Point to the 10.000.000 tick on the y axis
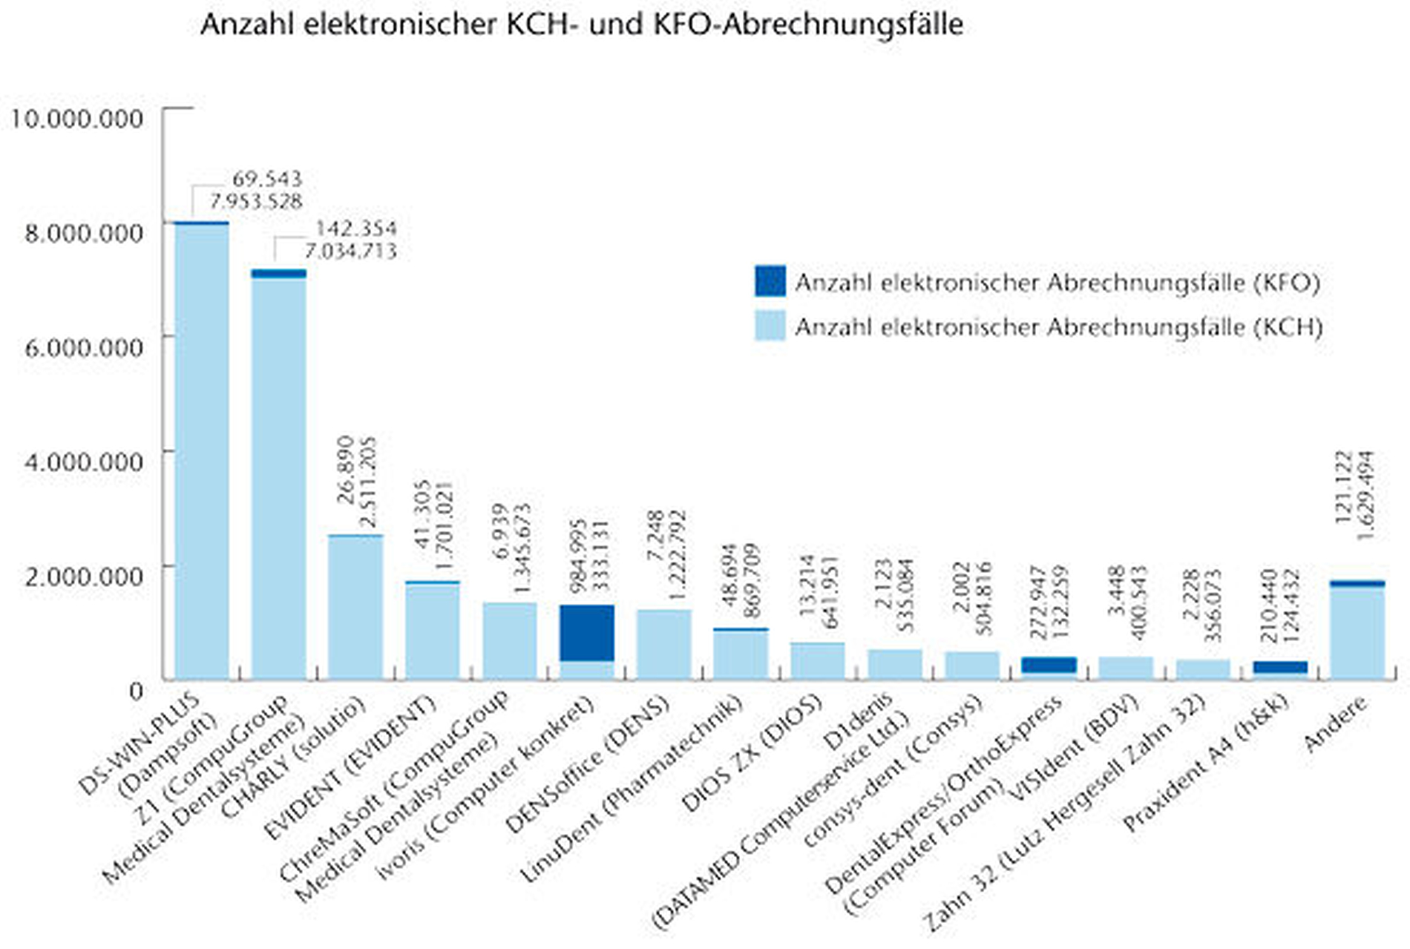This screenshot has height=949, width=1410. (76, 118)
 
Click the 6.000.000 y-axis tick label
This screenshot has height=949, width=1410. (83, 347)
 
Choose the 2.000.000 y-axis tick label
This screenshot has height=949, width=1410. (83, 576)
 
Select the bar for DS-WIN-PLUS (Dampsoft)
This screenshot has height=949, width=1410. (202, 453)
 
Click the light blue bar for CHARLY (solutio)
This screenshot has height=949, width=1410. (356, 608)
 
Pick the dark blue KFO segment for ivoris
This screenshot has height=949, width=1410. (587, 633)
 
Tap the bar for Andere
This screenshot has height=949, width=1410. (1357, 631)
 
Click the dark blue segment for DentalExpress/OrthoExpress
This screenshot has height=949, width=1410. (1049, 665)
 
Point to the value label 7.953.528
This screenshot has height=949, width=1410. (256, 201)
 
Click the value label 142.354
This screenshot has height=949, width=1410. (356, 228)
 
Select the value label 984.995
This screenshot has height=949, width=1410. (577, 555)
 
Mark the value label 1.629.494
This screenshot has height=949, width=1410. (1365, 495)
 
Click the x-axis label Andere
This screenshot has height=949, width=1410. (1335, 723)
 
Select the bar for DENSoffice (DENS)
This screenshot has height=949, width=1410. (664, 644)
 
